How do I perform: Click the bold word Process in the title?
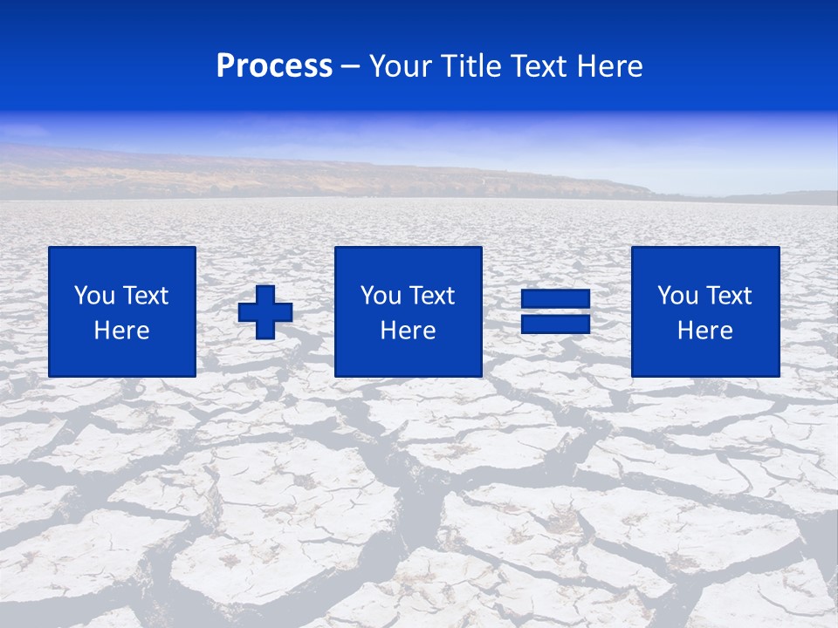(x=274, y=66)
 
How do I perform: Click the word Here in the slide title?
(x=612, y=66)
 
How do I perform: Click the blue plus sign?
(x=265, y=312)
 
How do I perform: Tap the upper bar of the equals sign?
(x=555, y=297)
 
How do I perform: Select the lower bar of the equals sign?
(x=555, y=324)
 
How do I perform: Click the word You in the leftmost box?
(x=93, y=296)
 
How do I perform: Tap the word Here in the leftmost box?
(x=122, y=331)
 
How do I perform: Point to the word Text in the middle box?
(x=430, y=296)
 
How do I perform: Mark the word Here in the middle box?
(x=409, y=331)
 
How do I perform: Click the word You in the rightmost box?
(x=677, y=296)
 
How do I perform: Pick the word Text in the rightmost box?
(x=727, y=296)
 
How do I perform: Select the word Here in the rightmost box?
(x=705, y=331)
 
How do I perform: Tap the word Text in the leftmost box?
(x=144, y=296)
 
